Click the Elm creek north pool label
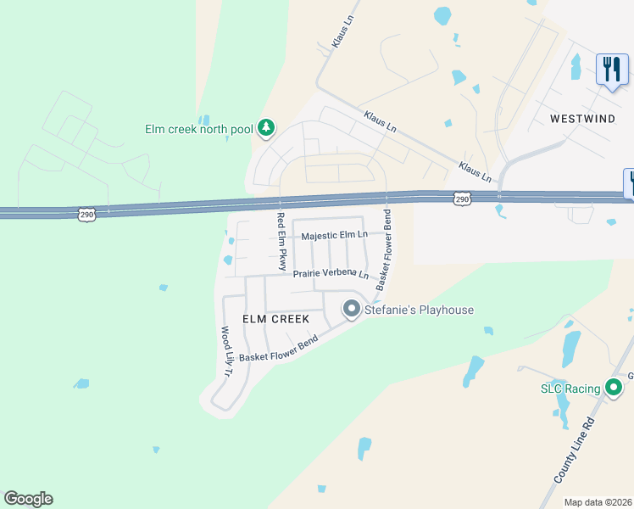[x=199, y=129]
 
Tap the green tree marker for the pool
[x=267, y=128]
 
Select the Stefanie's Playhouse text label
[x=418, y=310]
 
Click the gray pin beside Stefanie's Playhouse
[x=352, y=310]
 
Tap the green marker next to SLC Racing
[x=615, y=389]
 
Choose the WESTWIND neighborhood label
[x=582, y=119]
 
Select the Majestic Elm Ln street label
[x=336, y=234]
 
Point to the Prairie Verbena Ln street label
[x=331, y=274]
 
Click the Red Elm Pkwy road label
[x=281, y=242]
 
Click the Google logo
[x=28, y=499]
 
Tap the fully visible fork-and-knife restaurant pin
[x=612, y=70]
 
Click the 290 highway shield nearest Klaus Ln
[x=461, y=199]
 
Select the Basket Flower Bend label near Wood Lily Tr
[x=278, y=348]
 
